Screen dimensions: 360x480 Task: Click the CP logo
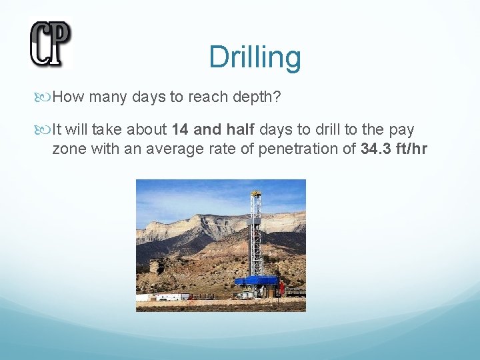(50, 44)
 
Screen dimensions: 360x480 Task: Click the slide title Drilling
(255, 57)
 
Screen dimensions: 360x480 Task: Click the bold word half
(238, 129)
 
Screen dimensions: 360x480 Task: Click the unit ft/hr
(411, 148)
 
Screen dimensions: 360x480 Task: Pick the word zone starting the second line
(68, 148)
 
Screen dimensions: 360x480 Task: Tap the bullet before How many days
(46, 97)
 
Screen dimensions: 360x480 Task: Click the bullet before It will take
(46, 129)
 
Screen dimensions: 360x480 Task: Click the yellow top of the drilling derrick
(255, 194)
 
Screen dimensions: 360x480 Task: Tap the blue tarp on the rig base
(256, 281)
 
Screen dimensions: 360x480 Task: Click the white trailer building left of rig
(163, 296)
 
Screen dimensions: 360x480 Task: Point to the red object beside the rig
(282, 289)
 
